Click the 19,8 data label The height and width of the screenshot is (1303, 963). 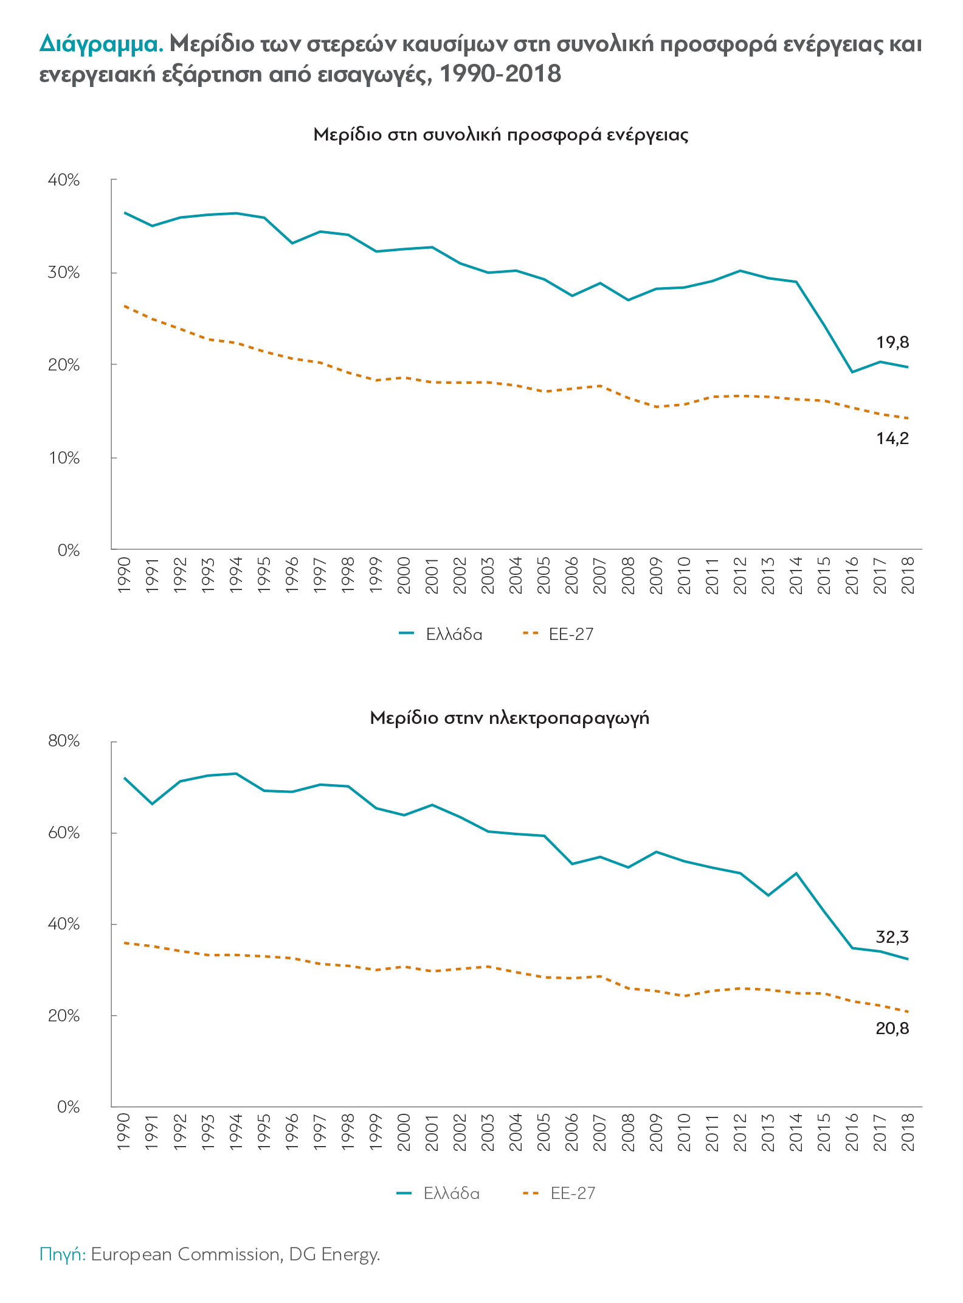coord(892,342)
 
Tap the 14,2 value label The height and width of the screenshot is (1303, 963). coord(892,438)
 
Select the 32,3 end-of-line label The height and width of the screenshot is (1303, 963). coord(892,937)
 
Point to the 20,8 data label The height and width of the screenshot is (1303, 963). coord(892,1029)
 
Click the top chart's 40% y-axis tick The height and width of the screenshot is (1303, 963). coord(64,180)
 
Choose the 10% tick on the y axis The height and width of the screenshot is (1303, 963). coord(64,458)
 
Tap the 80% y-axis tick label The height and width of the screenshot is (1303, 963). coord(64,741)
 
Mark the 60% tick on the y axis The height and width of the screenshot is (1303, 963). coord(64,833)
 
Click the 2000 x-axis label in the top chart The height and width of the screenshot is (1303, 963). coord(404,575)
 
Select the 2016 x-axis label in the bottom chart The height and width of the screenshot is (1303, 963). coord(852,1132)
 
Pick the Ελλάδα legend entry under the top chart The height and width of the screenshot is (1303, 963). coord(454,634)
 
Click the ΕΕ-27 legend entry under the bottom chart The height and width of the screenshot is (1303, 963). coord(572,1194)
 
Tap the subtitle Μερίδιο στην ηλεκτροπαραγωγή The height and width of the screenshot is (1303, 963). coord(509,718)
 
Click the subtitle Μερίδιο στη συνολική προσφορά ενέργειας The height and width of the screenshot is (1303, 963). coord(500,134)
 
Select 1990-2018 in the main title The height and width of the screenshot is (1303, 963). coord(500,74)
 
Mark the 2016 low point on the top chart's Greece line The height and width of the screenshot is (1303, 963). coord(852,372)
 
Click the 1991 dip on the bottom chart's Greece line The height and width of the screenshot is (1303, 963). coord(152,804)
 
